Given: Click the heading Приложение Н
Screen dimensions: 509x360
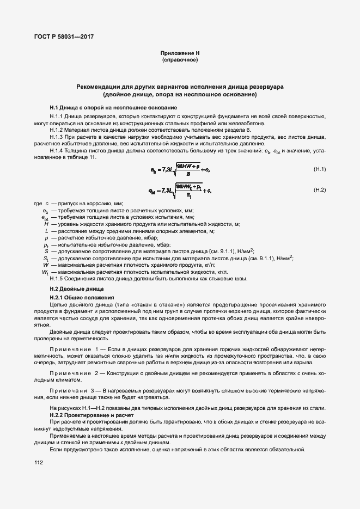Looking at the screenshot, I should tap(180, 53).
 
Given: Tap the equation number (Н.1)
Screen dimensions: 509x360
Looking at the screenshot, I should tap(319, 169).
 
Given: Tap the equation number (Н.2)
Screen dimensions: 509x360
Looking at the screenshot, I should tap(319, 189).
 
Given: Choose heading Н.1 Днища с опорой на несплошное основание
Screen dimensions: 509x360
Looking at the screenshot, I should tap(113, 107).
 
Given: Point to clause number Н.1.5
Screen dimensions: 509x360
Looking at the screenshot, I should tap(56, 279).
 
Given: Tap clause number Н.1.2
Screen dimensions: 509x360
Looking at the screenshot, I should tap(56, 131).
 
